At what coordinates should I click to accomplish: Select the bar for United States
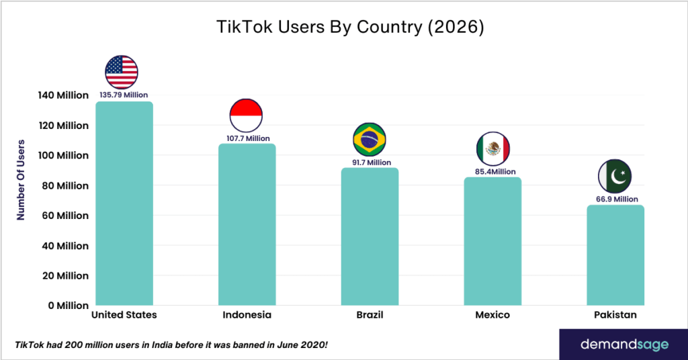click(124, 205)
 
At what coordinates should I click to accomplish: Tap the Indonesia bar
click(247, 225)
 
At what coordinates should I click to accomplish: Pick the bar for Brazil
click(370, 237)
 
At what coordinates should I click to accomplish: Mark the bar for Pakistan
click(615, 255)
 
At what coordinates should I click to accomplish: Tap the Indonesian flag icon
click(246, 115)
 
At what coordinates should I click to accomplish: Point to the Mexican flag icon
click(493, 148)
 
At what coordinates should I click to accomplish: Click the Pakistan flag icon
click(615, 176)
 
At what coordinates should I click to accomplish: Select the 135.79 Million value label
click(124, 95)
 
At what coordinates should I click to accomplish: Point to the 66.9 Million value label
click(617, 199)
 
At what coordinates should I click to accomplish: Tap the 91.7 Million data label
click(370, 162)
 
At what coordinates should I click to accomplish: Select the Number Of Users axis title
click(21, 179)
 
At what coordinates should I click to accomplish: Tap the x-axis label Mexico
click(492, 315)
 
